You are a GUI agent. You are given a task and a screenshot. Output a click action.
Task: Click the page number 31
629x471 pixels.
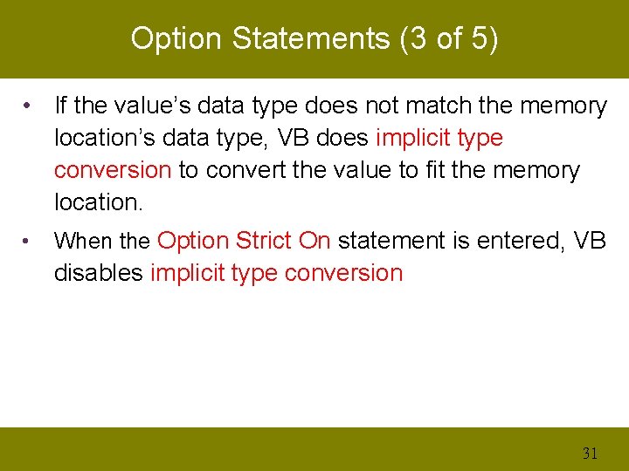click(590, 453)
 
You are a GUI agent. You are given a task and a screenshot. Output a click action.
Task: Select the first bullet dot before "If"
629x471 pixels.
click(30, 106)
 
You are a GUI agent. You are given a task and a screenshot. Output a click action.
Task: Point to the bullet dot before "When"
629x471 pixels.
click(30, 241)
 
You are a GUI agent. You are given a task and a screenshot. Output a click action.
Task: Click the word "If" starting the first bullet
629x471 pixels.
click(61, 106)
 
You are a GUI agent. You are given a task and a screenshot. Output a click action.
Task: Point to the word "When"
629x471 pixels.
click(84, 241)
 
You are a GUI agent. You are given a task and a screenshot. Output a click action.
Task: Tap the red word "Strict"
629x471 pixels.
click(265, 241)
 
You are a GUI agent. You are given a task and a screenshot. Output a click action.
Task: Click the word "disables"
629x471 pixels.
click(99, 273)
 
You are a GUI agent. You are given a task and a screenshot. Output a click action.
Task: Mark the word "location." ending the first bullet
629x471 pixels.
click(97, 202)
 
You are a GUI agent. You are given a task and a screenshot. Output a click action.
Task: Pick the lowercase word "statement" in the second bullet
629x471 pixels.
click(392, 241)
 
